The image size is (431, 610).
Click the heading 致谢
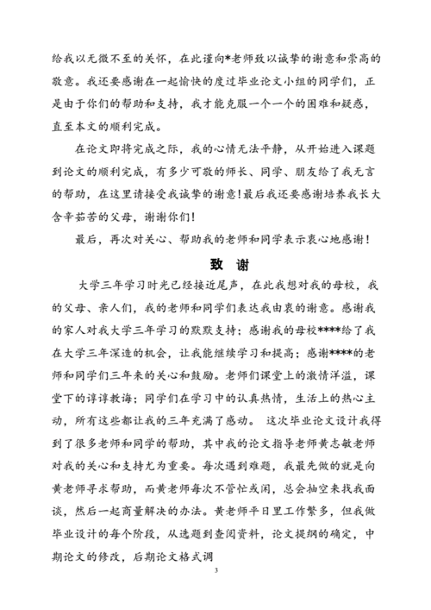tap(215, 263)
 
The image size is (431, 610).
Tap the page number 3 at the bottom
tap(215, 569)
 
